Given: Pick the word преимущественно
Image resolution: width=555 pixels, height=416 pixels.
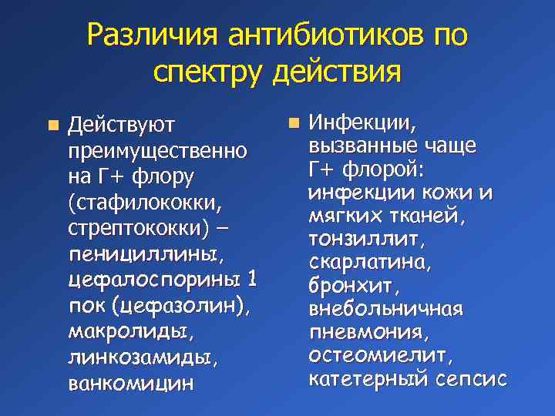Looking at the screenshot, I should pyautogui.click(x=157, y=150).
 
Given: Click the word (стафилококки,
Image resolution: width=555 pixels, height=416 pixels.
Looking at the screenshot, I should pyautogui.click(x=146, y=203).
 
